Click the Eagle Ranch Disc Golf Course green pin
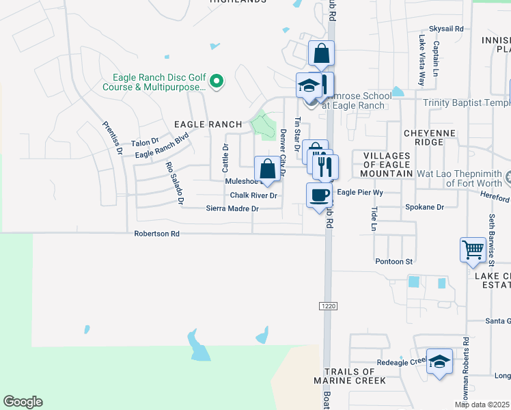coord(217,82)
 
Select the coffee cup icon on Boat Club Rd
coord(319,195)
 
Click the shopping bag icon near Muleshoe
coord(267,169)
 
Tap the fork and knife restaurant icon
coord(326,166)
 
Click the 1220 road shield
coord(326,307)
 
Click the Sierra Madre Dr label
coord(233,209)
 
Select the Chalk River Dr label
coord(253,195)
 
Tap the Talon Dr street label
coord(145,143)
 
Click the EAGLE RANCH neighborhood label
coord(208,124)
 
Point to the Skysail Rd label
coord(446,29)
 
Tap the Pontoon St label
coord(394,261)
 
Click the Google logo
coord(23,402)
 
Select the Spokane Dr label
coord(424,206)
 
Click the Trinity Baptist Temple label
coord(467,103)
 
